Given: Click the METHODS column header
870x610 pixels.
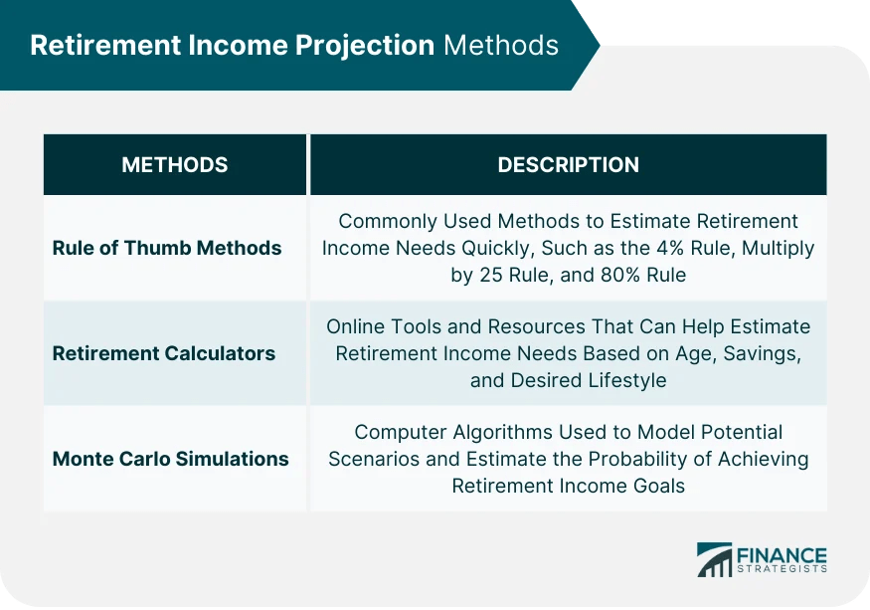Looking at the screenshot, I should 174,165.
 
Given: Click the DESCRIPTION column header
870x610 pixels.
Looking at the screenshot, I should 568,165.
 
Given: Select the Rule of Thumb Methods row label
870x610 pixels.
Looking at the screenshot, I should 167,248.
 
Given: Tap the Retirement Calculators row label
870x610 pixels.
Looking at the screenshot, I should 164,353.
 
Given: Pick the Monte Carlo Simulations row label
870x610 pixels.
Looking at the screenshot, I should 171,459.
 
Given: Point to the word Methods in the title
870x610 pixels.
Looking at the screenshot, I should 501,46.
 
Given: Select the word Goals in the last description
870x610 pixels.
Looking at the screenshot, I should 658,486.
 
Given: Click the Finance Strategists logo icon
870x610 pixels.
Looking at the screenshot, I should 715,560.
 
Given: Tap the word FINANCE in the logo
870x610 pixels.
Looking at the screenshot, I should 783,554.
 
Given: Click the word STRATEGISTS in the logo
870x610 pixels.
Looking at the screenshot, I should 783,571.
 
